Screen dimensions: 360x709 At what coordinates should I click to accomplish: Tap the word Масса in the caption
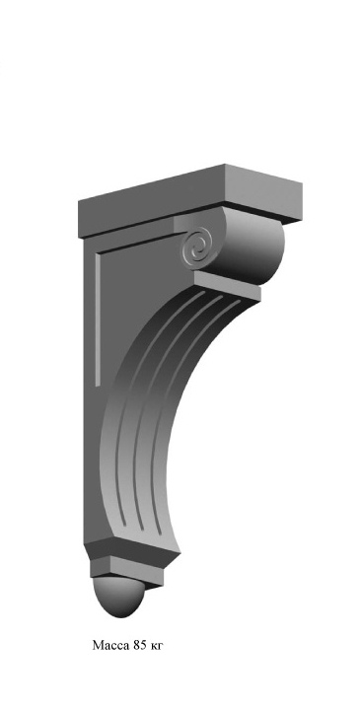tap(110, 645)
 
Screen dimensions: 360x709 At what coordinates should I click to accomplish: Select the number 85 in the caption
tap(140, 645)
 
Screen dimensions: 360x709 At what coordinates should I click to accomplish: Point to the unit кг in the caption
tap(155, 646)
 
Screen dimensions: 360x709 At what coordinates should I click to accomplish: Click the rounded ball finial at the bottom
tap(119, 596)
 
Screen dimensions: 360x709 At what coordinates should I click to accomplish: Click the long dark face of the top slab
tap(152, 201)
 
